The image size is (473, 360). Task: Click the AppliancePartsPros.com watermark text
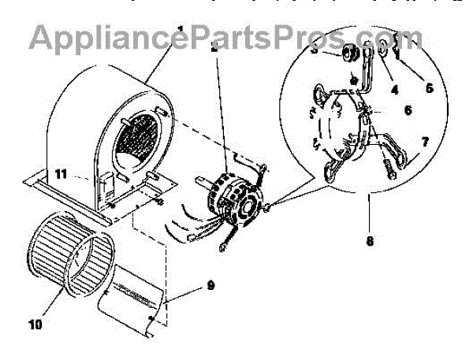pyautogui.click(x=225, y=36)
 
